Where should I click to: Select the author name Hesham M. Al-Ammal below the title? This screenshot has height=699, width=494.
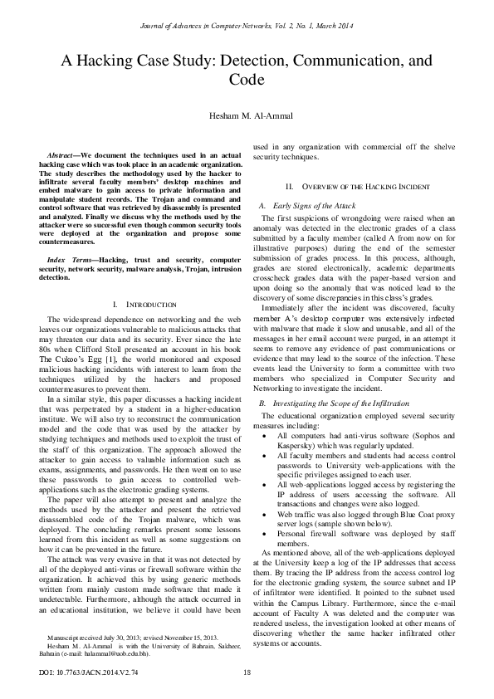247,114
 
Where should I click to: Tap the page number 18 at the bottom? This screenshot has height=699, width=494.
247,672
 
